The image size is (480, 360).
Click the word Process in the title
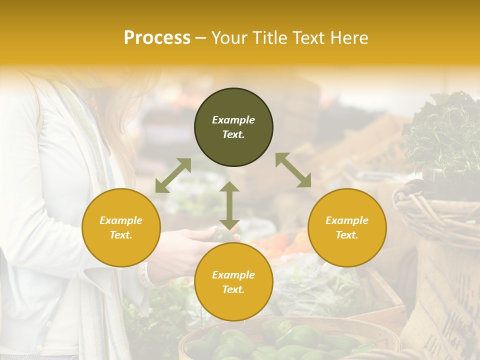click(x=157, y=38)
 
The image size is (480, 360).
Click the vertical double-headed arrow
click(x=229, y=205)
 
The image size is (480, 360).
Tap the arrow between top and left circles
click(x=173, y=175)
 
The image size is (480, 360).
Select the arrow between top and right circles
click(x=293, y=170)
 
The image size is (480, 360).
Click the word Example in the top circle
click(x=233, y=120)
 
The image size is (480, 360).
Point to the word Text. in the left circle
click(x=121, y=235)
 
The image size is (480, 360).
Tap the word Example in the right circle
click(x=347, y=220)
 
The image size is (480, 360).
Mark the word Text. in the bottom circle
click(x=233, y=289)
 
